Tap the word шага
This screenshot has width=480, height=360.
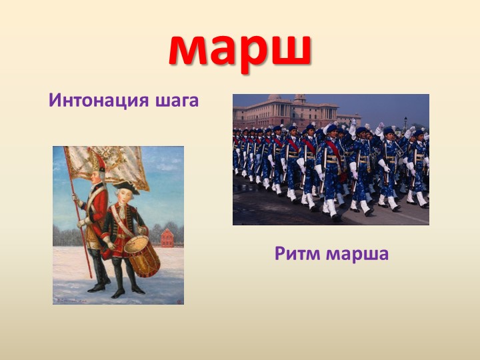pyautogui.click(x=176, y=102)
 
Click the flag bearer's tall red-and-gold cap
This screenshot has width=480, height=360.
pyautogui.click(x=97, y=161)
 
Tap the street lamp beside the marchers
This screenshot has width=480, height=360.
pyautogui.click(x=405, y=123)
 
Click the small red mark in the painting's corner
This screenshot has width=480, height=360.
pyautogui.click(x=179, y=301)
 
